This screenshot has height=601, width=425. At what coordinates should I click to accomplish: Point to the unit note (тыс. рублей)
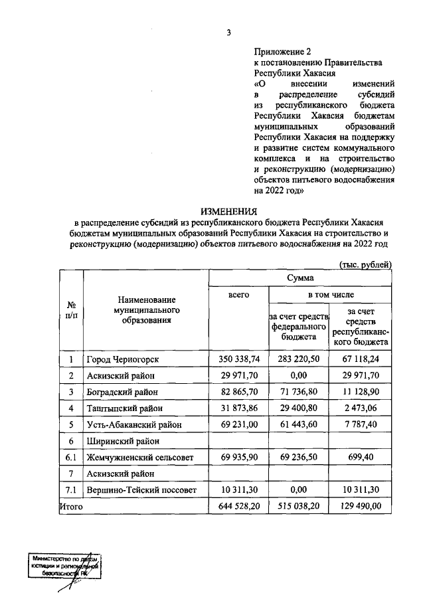[365, 264]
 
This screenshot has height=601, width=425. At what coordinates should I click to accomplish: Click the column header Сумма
[300, 278]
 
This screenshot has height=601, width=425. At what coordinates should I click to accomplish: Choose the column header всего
[238, 294]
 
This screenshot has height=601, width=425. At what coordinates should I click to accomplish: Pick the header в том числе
[329, 294]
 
